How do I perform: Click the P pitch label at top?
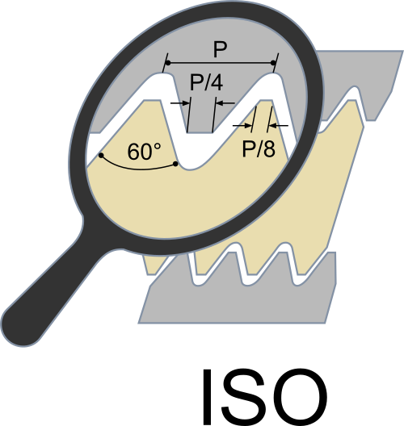(220, 49)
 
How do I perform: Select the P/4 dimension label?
(207, 82)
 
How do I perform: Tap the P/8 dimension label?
(259, 149)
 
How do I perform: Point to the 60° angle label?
(144, 152)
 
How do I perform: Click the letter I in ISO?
(208, 397)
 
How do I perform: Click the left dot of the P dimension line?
(168, 63)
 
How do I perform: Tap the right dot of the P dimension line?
(273, 63)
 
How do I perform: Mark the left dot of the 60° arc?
(101, 156)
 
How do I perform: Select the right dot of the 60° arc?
(175, 164)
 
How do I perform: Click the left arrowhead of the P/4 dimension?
(186, 103)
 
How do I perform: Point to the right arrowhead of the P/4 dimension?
(219, 103)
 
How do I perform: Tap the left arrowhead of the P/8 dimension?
(248, 126)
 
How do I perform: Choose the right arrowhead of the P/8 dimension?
(272, 126)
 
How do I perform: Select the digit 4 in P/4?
(217, 82)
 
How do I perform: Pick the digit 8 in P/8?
(269, 149)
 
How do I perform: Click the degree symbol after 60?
(158, 147)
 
